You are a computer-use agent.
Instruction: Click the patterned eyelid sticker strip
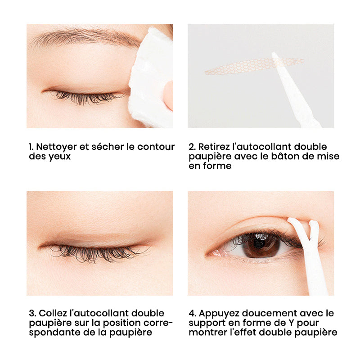coord(254,66)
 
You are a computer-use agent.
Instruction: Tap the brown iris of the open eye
coord(261,245)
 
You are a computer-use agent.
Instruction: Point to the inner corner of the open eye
coord(210,254)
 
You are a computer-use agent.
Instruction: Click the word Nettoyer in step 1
coord(56,147)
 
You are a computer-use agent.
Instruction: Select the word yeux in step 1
coord(59,157)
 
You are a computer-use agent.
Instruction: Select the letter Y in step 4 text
coord(290,323)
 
